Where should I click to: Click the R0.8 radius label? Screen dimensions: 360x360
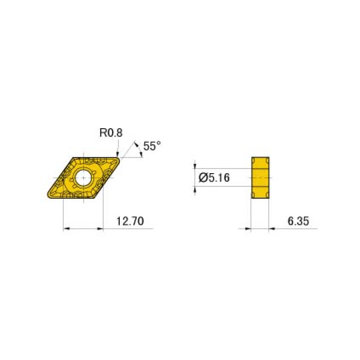pyautogui.click(x=111, y=133)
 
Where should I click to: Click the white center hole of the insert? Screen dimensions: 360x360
pyautogui.click(x=84, y=178)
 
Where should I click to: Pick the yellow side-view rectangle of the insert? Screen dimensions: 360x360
pyautogui.click(x=260, y=178)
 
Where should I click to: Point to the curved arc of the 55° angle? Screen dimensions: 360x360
pyautogui.click(x=139, y=149)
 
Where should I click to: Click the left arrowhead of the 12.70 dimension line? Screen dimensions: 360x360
pyautogui.click(x=66, y=229)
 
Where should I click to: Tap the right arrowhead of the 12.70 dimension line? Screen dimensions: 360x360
pyautogui.click(x=100, y=229)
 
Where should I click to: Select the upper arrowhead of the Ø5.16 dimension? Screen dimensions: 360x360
pyautogui.click(x=195, y=165)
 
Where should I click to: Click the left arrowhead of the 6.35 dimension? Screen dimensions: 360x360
pyautogui.click(x=248, y=229)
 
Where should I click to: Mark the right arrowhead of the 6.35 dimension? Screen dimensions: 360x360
pyautogui.click(x=272, y=229)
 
